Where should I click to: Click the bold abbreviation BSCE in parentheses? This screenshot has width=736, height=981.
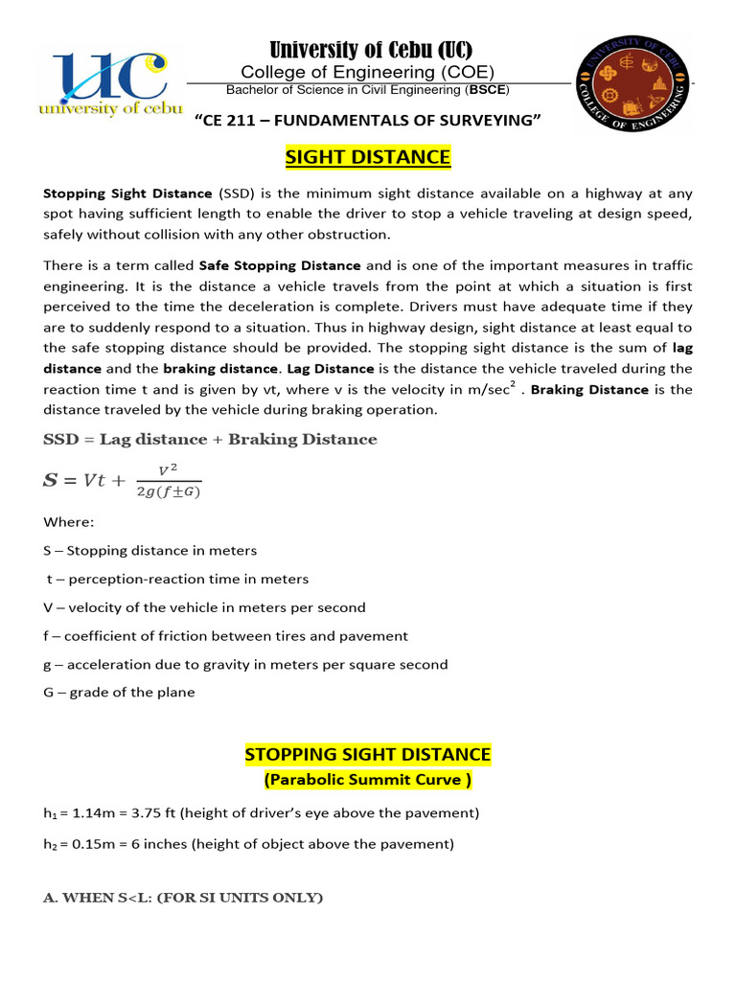tap(488, 90)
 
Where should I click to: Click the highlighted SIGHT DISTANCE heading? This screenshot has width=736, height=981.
tap(368, 157)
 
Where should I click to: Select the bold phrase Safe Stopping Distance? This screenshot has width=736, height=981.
tap(280, 265)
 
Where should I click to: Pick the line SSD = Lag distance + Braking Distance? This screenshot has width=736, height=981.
tap(211, 439)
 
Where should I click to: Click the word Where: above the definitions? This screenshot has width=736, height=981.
tap(68, 523)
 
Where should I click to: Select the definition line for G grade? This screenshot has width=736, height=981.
tap(120, 692)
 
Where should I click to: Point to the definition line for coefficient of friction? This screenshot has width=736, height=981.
tap(226, 635)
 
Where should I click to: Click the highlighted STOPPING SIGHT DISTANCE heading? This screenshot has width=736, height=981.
tap(368, 755)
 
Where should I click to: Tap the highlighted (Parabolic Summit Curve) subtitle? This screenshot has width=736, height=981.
tap(368, 780)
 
